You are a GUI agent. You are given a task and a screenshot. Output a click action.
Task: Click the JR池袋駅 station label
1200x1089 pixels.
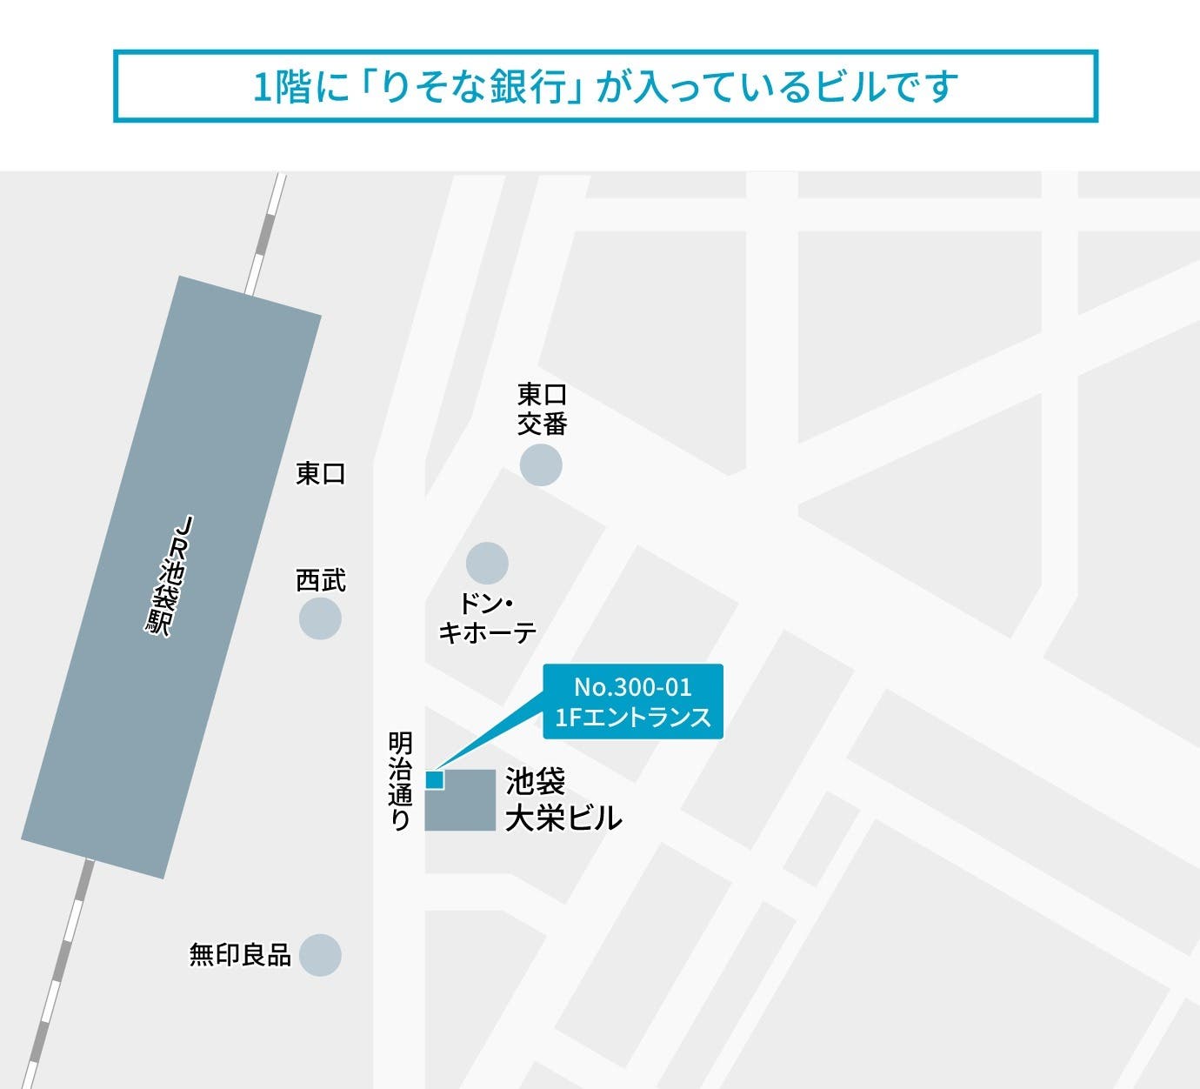click(170, 576)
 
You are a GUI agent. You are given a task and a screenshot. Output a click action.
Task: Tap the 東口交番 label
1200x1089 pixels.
click(543, 409)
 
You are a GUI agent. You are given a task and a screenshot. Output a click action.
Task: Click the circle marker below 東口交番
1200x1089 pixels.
click(541, 464)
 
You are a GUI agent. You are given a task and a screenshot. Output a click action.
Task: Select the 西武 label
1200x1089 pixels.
click(321, 580)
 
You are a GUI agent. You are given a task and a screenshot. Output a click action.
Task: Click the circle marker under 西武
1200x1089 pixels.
click(320, 619)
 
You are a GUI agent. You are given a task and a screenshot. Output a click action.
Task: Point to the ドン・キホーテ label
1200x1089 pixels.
click(487, 618)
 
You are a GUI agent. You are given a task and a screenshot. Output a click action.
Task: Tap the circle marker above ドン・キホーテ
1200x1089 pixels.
click(487, 563)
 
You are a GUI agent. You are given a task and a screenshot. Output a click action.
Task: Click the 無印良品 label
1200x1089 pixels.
click(240, 954)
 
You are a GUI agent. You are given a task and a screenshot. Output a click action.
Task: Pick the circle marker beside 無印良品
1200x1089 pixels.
click(320, 955)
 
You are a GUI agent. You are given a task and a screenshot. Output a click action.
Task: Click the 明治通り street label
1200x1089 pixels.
click(400, 781)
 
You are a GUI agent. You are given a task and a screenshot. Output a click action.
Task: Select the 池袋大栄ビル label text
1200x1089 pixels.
click(563, 800)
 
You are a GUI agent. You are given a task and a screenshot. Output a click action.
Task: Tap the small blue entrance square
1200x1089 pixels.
click(434, 779)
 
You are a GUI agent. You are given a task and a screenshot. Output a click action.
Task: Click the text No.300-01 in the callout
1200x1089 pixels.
click(633, 687)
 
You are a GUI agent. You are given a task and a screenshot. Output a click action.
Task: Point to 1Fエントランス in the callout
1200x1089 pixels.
click(633, 718)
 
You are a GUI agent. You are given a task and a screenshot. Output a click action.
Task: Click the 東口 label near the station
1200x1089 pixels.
click(321, 473)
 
